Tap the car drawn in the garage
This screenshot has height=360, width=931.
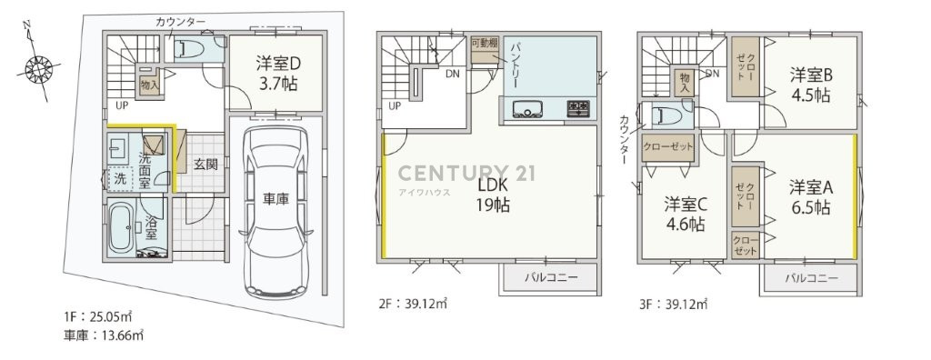(275, 210)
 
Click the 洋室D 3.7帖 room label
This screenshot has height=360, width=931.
(277, 73)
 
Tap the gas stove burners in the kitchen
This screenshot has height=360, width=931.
(578, 108)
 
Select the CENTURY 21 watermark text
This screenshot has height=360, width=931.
(466, 173)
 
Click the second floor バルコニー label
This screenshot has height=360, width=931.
(550, 277)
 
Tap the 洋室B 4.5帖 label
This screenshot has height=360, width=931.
(810, 85)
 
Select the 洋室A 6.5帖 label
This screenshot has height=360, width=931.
(810, 197)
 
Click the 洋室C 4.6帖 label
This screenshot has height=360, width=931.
(685, 214)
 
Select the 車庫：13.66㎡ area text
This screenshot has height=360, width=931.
(104, 335)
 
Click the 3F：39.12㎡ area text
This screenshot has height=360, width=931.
(674, 305)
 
